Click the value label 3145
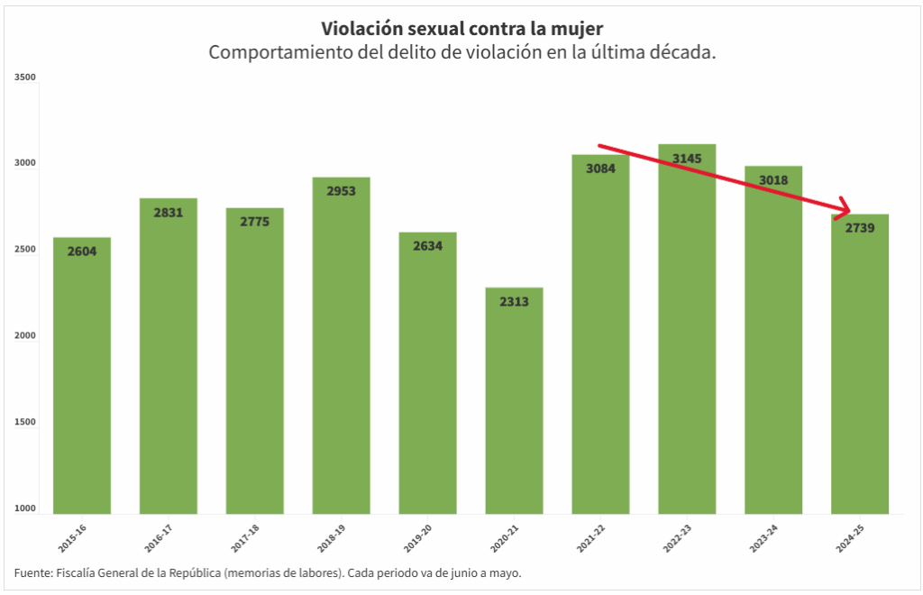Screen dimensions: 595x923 [x=687, y=159]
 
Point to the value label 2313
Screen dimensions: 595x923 [x=514, y=301]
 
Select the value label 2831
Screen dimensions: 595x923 [x=169, y=213]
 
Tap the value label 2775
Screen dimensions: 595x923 [x=255, y=222]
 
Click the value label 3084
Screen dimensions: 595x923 [x=600, y=168]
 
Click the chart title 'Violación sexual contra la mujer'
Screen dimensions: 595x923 [x=461, y=29]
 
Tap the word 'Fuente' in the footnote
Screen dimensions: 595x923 [x=32, y=572]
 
